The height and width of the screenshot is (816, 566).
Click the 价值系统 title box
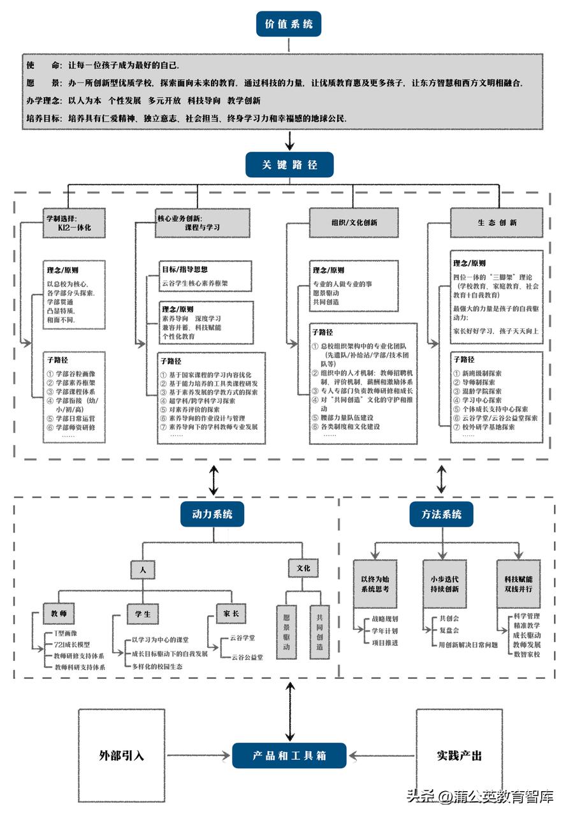click(289, 24)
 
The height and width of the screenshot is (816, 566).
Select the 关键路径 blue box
click(289, 164)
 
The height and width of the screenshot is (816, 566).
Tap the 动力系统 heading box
click(212, 514)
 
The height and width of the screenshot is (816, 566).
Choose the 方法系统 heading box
click(442, 514)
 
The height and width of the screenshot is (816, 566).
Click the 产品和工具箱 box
click(289, 755)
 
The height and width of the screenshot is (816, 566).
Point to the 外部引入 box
click(122, 755)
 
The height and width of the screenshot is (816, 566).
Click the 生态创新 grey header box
click(497, 222)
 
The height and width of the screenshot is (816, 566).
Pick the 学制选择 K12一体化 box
click(75, 222)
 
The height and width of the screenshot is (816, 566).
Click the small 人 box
click(143, 569)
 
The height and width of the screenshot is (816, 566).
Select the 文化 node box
click(303, 567)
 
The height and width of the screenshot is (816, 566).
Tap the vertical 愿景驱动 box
click(287, 631)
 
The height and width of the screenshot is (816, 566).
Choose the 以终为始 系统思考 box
click(375, 584)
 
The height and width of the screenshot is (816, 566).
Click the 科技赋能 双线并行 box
click(518, 584)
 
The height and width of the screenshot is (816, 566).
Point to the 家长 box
click(230, 614)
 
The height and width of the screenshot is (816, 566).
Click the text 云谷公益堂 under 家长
click(247, 657)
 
